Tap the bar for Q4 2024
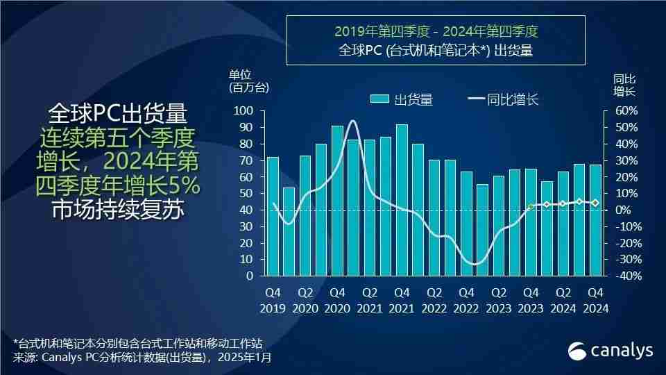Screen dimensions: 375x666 (x=595, y=220)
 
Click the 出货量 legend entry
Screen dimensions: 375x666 (x=402, y=99)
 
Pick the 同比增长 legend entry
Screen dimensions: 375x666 (x=504, y=99)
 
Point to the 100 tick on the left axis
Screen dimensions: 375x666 (x=244, y=111)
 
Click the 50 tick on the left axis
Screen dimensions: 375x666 (x=246, y=194)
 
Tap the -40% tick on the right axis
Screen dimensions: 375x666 (x=624, y=276)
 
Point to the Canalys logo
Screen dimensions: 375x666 (x=610, y=351)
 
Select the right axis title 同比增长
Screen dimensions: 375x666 (x=624, y=85)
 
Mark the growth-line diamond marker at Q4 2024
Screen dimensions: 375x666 (x=595, y=203)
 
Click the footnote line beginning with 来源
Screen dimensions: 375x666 (x=142, y=358)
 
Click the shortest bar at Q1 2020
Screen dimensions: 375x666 (x=289, y=231)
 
